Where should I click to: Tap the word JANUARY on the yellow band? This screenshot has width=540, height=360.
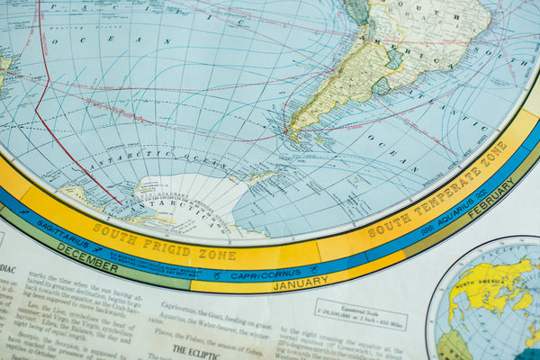[300, 285]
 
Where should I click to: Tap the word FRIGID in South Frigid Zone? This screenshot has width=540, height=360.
[166, 246]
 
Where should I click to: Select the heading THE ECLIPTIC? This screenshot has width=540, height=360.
[195, 352]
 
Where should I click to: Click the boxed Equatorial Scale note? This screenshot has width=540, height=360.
[360, 314]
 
